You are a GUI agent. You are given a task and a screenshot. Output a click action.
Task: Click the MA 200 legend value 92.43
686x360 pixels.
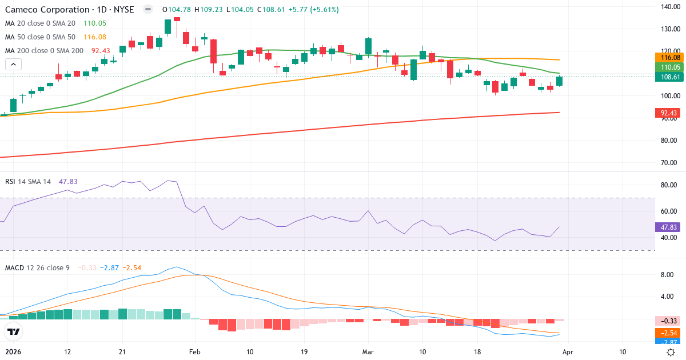point(101,51)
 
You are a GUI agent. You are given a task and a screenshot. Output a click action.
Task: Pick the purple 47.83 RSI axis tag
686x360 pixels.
point(668,227)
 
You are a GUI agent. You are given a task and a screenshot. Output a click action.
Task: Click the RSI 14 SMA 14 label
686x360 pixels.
point(28,182)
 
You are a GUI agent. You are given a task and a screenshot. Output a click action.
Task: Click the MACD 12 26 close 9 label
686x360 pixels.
point(37,267)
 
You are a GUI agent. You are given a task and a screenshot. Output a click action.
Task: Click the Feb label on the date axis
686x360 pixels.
point(195,352)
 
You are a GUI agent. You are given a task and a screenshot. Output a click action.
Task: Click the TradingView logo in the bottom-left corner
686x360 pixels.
point(14,331)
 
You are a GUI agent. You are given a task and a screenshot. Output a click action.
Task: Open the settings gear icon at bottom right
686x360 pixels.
point(671,352)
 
